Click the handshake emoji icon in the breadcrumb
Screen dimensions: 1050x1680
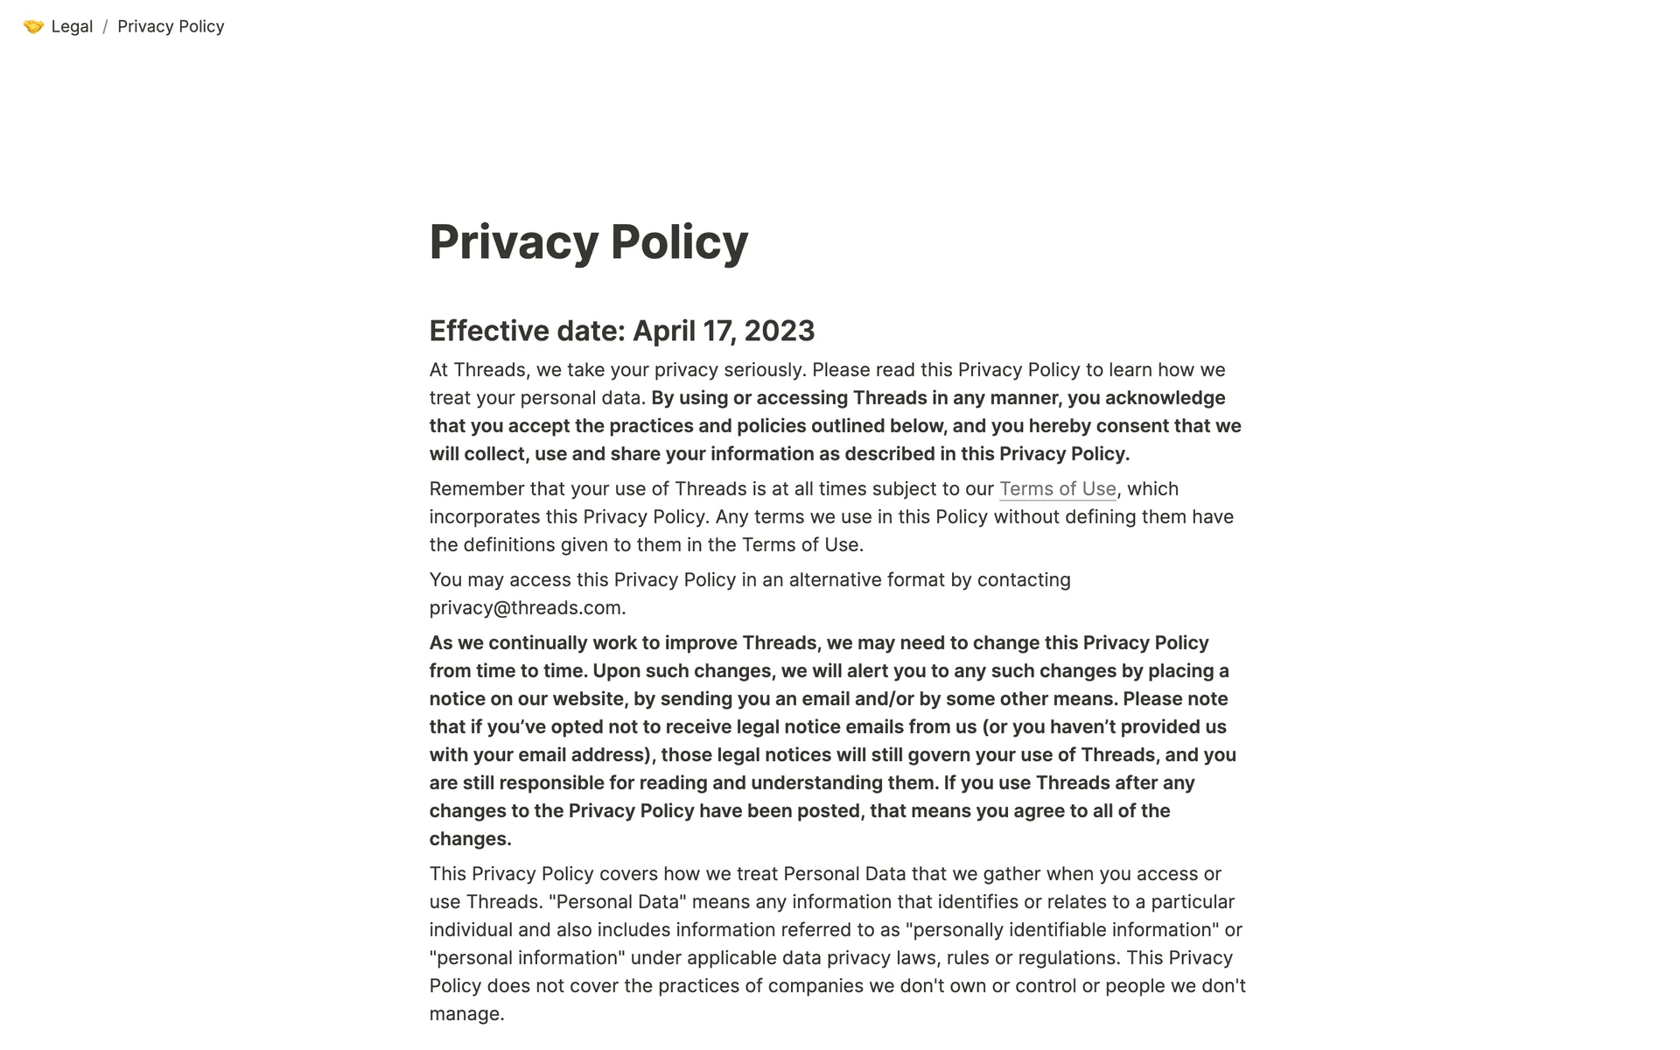pyautogui.click(x=33, y=26)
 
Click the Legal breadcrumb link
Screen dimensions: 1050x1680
pyautogui.click(x=72, y=26)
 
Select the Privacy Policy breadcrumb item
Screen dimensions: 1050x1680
pyautogui.click(x=171, y=26)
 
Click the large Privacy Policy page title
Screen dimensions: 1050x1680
pyautogui.click(x=588, y=241)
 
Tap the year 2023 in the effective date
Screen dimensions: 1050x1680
pyautogui.click(x=780, y=331)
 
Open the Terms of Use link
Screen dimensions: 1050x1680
pyautogui.click(x=1057, y=488)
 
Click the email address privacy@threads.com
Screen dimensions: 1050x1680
pyautogui.click(x=525, y=607)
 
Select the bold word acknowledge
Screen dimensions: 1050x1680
pyautogui.click(x=1165, y=397)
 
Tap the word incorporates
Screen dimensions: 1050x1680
pyautogui.click(x=485, y=516)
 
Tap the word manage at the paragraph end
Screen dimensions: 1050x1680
pyautogui.click(x=465, y=1013)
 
